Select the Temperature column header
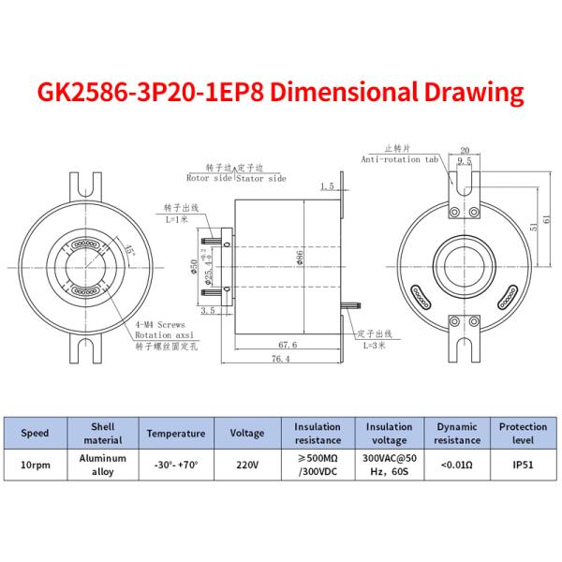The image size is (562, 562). point(174,433)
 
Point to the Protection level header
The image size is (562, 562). point(522,433)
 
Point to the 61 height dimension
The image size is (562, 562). point(549,219)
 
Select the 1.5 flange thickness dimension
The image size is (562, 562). point(327,186)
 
